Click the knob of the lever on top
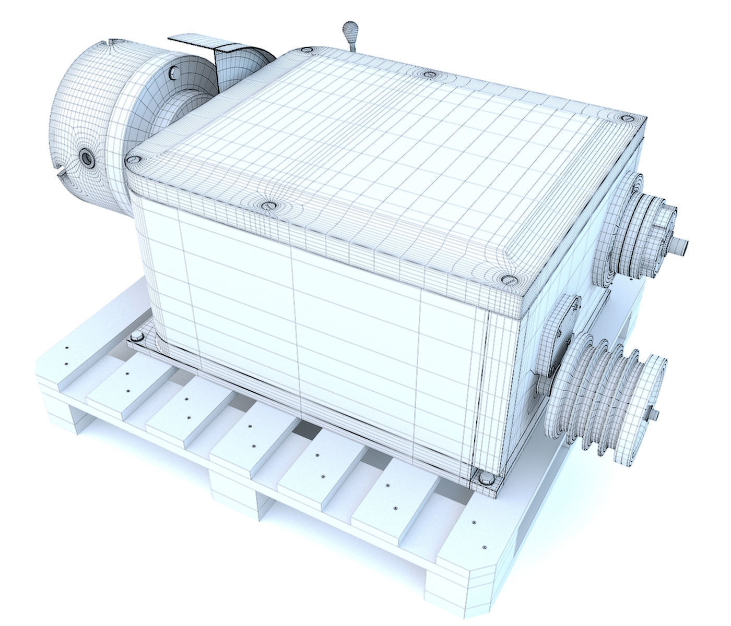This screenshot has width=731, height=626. pos(348,28)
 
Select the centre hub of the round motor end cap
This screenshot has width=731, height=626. pos(85,156)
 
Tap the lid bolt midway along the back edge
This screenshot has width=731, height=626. pos(429,75)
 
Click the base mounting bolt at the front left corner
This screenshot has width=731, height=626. pos(137,335)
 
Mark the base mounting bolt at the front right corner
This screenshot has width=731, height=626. pos(484,478)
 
